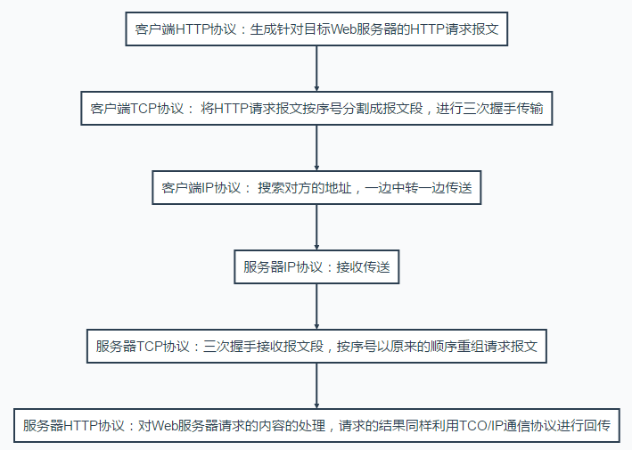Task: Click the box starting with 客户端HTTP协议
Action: pyautogui.click(x=317, y=29)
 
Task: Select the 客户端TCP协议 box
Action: pyautogui.click(x=317, y=109)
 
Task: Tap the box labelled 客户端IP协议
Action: pyautogui.click(x=317, y=188)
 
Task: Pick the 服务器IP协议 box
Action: pyautogui.click(x=317, y=267)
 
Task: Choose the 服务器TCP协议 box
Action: pyautogui.click(x=317, y=347)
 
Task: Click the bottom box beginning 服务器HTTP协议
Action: pyautogui.click(x=317, y=426)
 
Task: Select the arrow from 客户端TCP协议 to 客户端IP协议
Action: pyautogui.click(x=317, y=148)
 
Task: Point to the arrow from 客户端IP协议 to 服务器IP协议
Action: pyautogui.click(x=317, y=227)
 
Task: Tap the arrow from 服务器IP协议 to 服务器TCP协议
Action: pyautogui.click(x=317, y=307)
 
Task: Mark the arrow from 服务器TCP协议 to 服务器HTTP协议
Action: pyautogui.click(x=317, y=386)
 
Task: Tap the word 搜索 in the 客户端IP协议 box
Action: pyautogui.click(x=271, y=188)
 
